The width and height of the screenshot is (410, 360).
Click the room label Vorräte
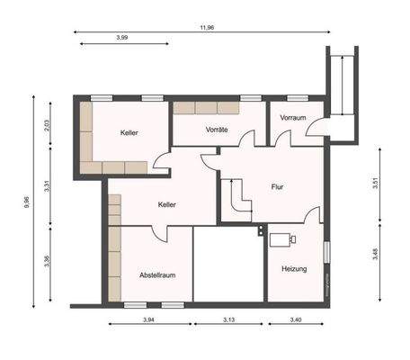click(x=216, y=130)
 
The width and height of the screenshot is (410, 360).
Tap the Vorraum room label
click(x=293, y=118)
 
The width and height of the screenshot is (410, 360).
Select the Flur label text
click(x=277, y=187)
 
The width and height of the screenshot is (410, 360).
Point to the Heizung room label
click(x=294, y=268)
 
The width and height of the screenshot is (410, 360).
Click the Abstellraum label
click(x=156, y=274)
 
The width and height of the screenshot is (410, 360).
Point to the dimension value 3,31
click(x=47, y=186)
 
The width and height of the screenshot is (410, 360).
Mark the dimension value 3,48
click(x=374, y=256)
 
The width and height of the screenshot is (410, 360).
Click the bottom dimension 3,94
click(x=149, y=319)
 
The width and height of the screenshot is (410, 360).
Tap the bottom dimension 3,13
click(x=228, y=319)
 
